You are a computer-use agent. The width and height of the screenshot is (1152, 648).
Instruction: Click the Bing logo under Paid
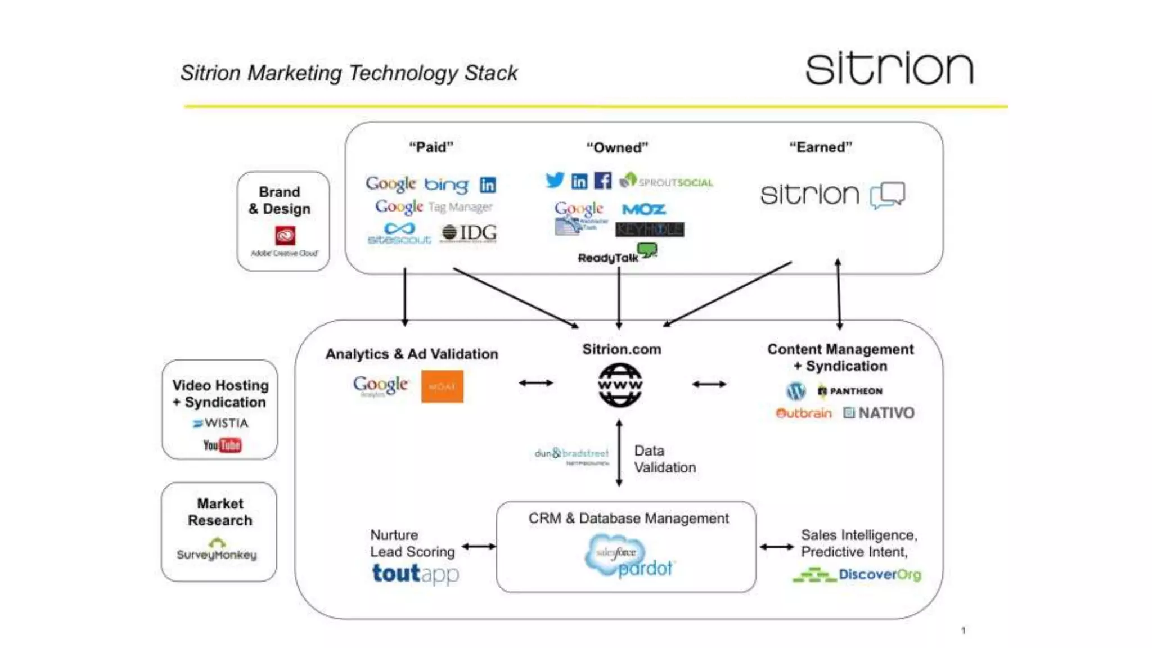pyautogui.click(x=446, y=184)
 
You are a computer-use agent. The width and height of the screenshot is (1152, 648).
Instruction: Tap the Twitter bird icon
pyautogui.click(x=555, y=180)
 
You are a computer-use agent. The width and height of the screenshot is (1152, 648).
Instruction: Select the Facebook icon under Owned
pyautogui.click(x=602, y=181)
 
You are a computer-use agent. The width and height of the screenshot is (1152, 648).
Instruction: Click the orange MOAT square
pyautogui.click(x=442, y=386)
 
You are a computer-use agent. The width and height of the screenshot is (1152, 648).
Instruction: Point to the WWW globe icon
pyautogui.click(x=620, y=385)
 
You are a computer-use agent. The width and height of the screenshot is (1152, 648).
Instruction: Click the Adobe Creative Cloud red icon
pyautogui.click(x=285, y=235)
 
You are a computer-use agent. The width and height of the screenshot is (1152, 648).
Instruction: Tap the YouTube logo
pyautogui.click(x=222, y=445)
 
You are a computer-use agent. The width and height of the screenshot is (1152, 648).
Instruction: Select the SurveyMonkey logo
pyautogui.click(x=217, y=551)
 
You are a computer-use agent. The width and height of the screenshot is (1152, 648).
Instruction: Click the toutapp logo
pyautogui.click(x=415, y=574)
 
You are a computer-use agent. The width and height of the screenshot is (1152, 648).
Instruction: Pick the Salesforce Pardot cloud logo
pyautogui.click(x=625, y=557)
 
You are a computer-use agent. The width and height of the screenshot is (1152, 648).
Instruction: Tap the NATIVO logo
pyautogui.click(x=879, y=413)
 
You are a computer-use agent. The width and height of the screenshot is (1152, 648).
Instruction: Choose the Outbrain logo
pyautogui.click(x=803, y=413)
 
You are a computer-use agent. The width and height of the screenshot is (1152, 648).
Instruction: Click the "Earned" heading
pyautogui.click(x=820, y=147)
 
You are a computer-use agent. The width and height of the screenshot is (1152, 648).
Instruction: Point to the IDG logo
pyautogui.click(x=469, y=233)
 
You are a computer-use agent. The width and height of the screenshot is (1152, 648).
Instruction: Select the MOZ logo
pyautogui.click(x=644, y=209)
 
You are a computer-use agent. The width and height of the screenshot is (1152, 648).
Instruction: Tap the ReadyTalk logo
pyautogui.click(x=616, y=255)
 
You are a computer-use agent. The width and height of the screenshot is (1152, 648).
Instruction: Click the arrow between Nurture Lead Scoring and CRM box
pyautogui.click(x=479, y=546)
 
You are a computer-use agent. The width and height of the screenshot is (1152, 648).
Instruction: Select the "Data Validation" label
pyautogui.click(x=664, y=459)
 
